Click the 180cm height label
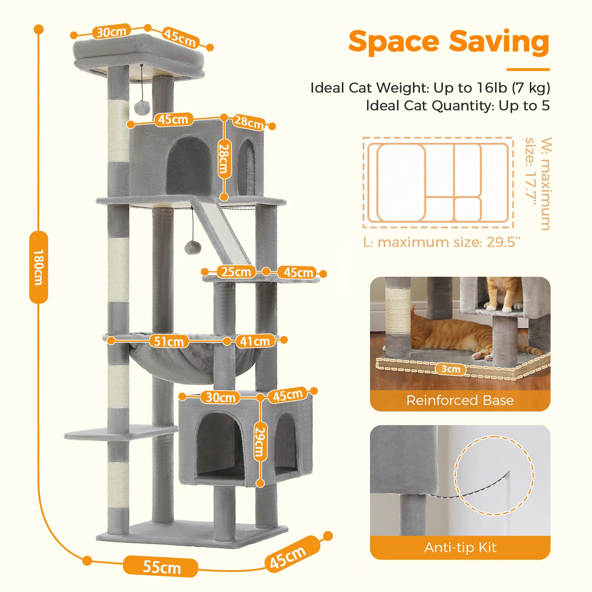coord(38,267)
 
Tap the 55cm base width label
coord(161,566)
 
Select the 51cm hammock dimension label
coord(169,341)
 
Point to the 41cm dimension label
coord(255,341)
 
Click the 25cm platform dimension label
coord(236,272)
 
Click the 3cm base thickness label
coord(451,369)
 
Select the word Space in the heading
coord(394,42)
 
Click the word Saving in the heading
coord(499,43)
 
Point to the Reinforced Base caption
coord(460,400)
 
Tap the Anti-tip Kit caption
coord(460,548)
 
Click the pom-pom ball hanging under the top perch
coord(142,108)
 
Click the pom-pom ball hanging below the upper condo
coord(192,248)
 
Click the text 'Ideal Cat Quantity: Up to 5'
coord(458,106)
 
